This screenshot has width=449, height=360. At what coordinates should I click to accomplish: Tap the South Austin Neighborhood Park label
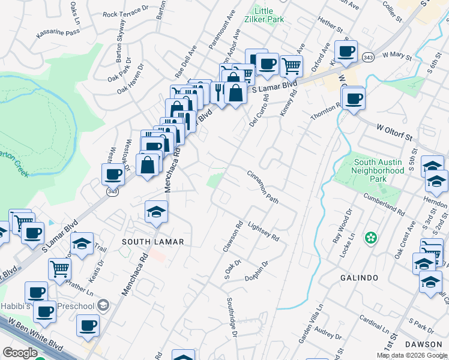pyautogui.click(x=379, y=170)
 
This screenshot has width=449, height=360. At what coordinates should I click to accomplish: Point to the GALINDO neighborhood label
pyautogui.click(x=359, y=278)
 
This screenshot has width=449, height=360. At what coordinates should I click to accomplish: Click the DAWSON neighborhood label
pyautogui.click(x=423, y=344)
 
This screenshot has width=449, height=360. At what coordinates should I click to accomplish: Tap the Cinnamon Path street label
pyautogui.click(x=263, y=187)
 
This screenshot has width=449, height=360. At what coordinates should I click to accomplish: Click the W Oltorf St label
pyautogui.click(x=397, y=133)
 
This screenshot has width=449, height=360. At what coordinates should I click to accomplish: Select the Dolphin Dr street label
pyautogui.click(x=255, y=271)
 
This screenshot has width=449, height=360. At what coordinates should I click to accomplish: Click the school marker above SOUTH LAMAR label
pyautogui.click(x=156, y=212)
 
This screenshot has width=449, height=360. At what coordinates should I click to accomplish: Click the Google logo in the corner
pyautogui.click(x=20, y=353)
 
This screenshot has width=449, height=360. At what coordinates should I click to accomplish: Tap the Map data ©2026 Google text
pyautogui.click(x=412, y=355)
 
